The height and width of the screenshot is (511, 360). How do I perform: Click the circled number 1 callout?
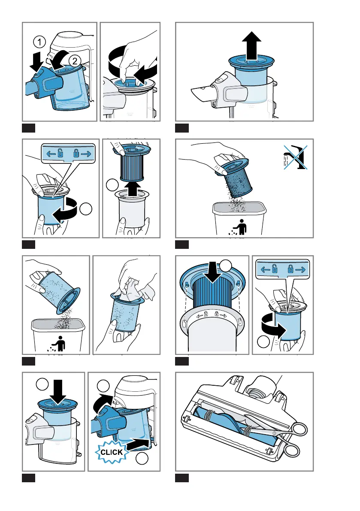[x=39, y=42]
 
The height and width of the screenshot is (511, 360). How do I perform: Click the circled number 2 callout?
[x=74, y=61]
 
